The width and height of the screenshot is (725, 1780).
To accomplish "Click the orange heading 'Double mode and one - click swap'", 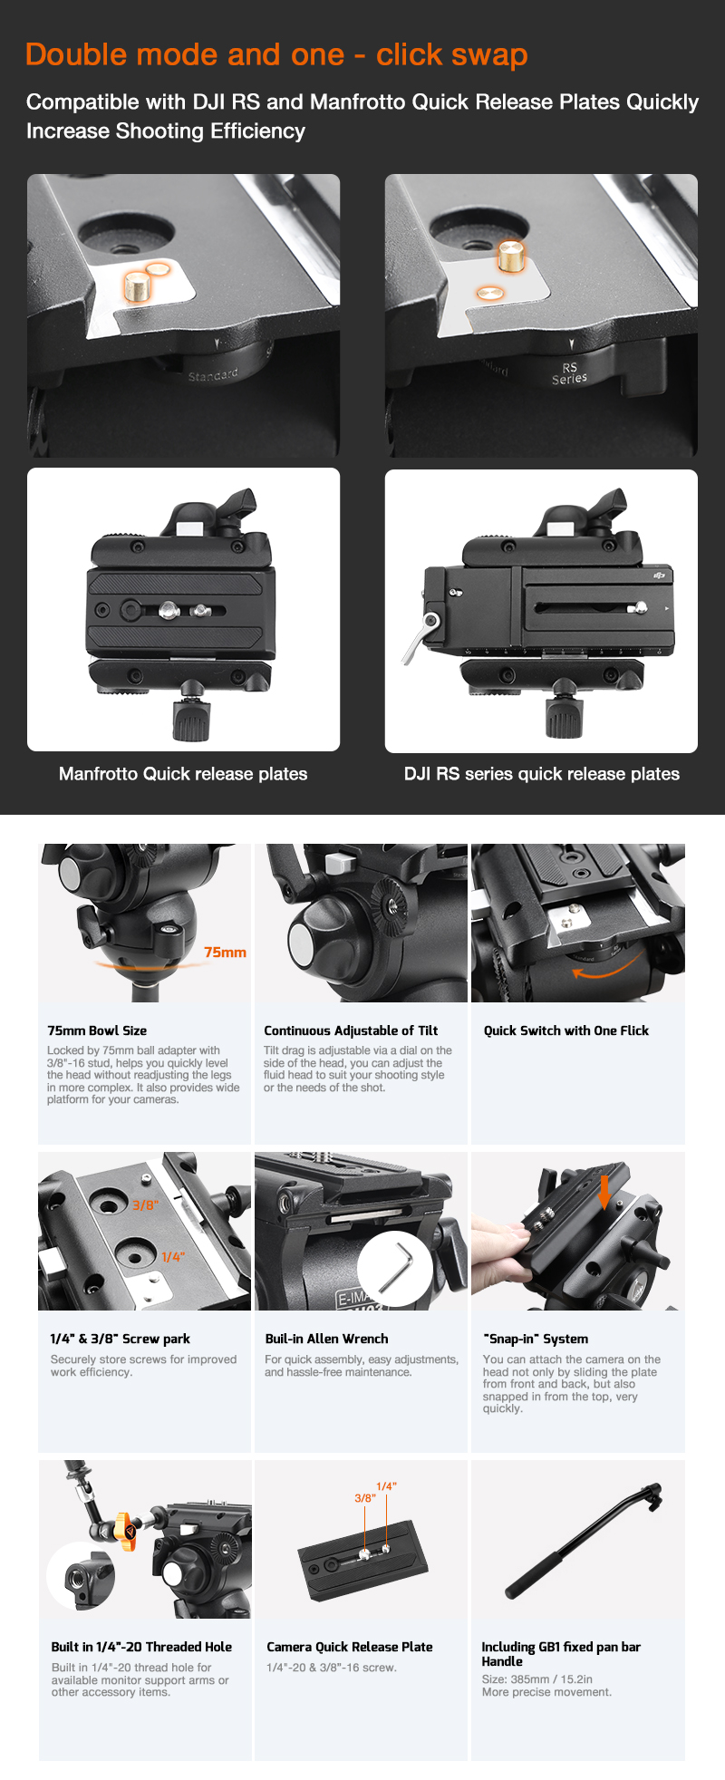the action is [276, 55].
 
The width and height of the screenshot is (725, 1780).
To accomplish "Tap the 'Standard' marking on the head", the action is [213, 375].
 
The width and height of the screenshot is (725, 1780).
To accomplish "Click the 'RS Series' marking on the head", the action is [569, 373].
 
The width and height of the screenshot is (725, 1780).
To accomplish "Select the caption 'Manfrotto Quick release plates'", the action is [183, 774].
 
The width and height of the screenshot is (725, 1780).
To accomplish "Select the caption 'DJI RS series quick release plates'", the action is [542, 774].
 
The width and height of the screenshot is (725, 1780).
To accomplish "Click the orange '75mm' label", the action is [225, 953].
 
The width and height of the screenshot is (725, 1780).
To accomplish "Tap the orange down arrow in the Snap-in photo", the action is [604, 1193].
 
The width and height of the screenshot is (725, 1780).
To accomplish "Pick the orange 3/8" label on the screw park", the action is [145, 1205].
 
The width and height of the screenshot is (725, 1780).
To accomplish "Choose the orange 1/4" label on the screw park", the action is [173, 1257].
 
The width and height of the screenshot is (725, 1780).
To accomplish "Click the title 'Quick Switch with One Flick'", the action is [566, 1030].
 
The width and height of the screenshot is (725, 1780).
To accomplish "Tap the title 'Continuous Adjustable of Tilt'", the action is [351, 1030].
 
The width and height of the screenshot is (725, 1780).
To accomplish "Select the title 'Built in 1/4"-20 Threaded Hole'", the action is [141, 1647].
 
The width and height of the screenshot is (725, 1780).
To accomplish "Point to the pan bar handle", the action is [584, 1540].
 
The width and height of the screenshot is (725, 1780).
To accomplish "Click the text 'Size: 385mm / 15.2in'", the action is [537, 1679].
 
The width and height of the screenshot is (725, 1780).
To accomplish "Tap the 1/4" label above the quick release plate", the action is [386, 1486].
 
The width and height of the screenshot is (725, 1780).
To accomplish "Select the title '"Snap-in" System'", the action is [536, 1339].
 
